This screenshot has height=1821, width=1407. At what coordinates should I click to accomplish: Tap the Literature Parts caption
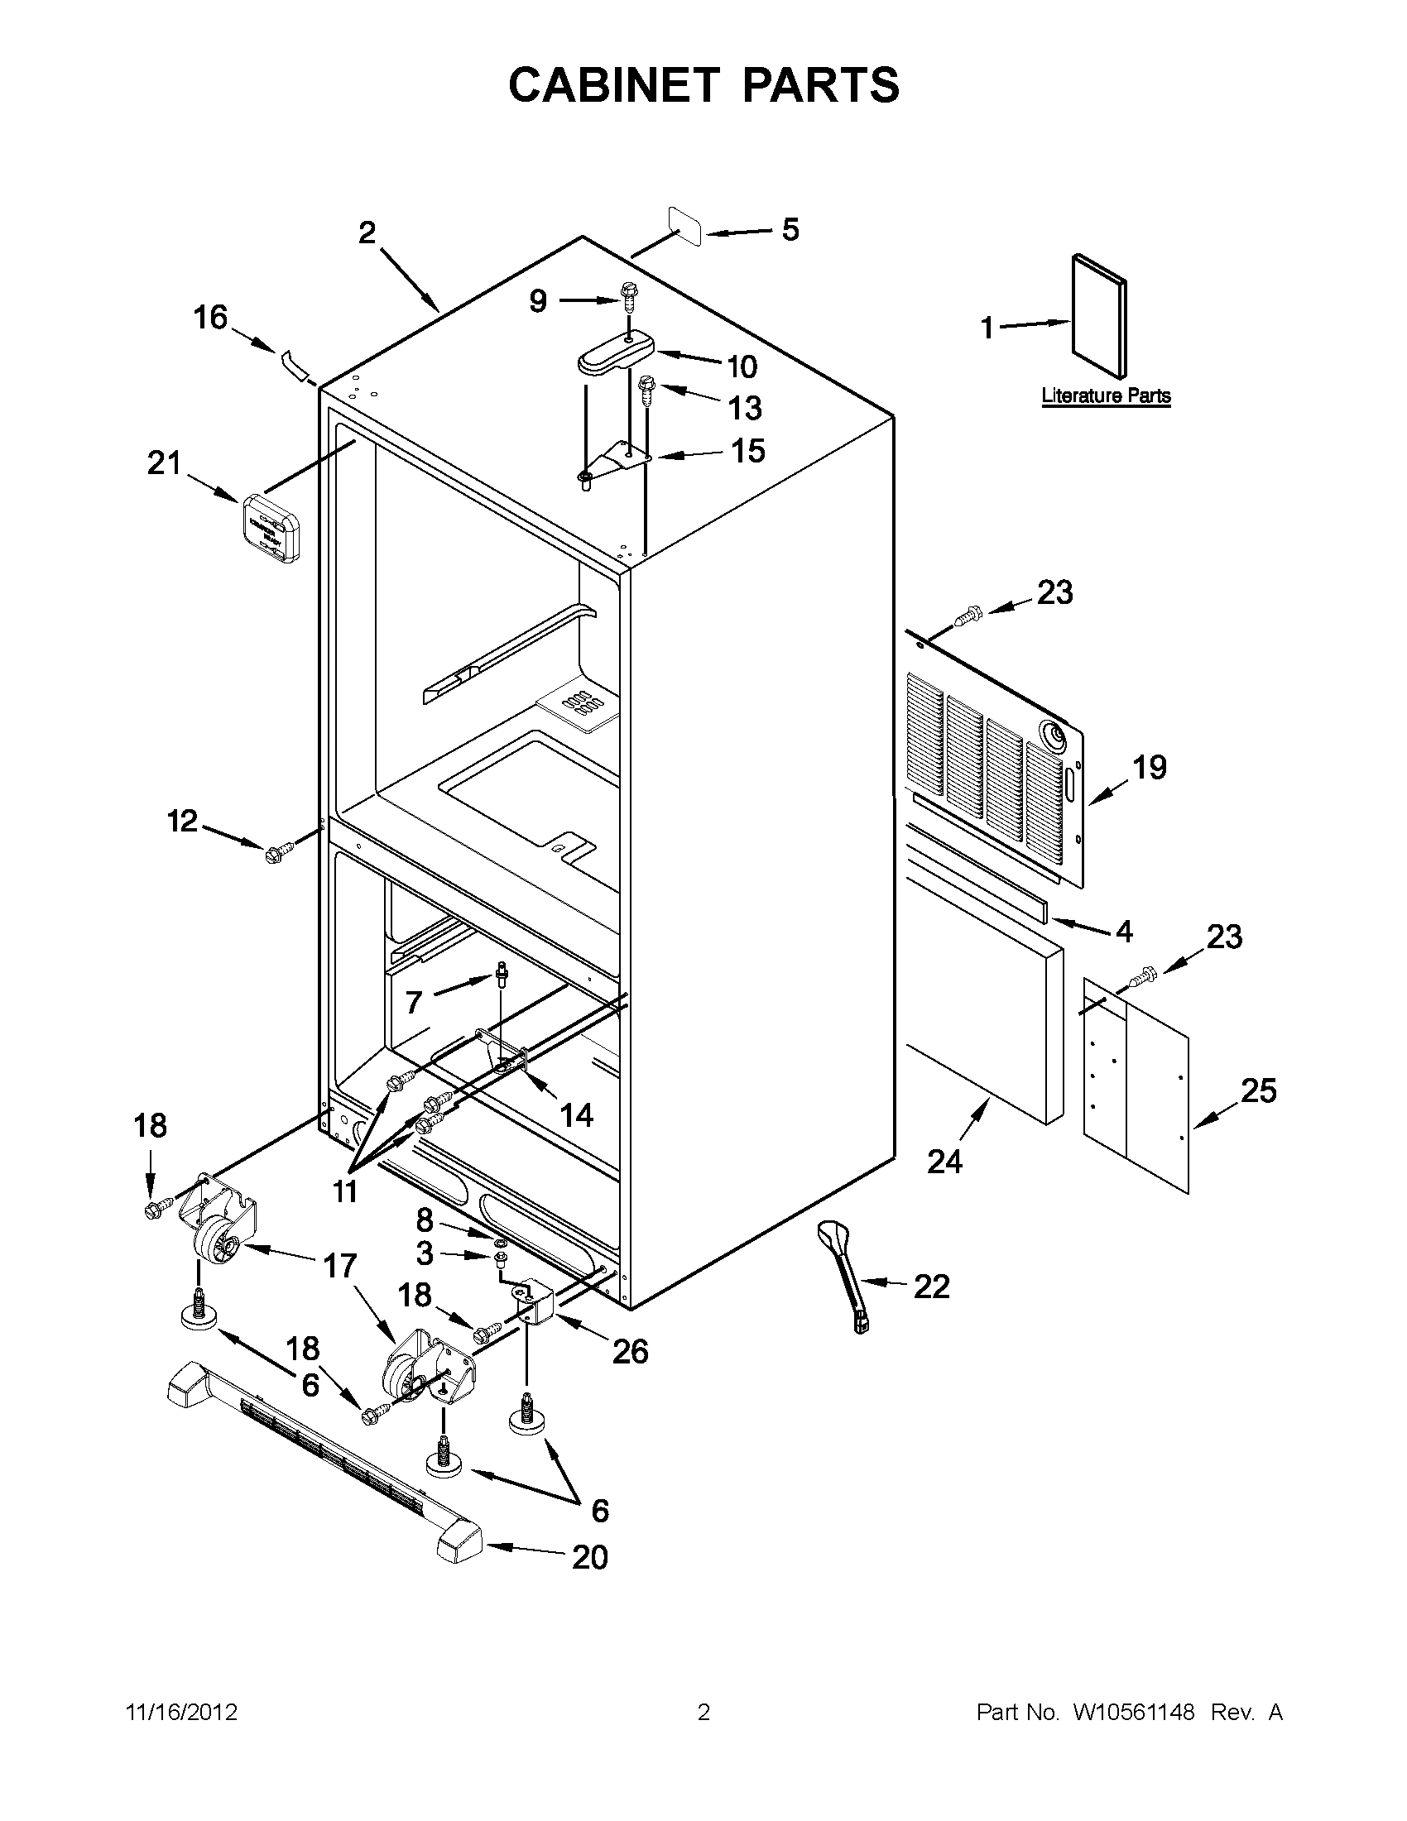[1105, 396]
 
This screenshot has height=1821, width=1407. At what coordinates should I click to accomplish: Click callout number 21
[164, 462]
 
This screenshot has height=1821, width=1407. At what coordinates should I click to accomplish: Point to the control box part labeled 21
[271, 529]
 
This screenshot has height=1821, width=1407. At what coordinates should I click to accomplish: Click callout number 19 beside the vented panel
[1150, 767]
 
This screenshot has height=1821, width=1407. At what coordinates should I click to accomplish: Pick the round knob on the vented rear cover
[1054, 735]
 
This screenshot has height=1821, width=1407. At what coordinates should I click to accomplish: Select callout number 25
[1258, 1090]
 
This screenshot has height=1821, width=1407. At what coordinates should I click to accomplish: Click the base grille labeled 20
[325, 1464]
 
